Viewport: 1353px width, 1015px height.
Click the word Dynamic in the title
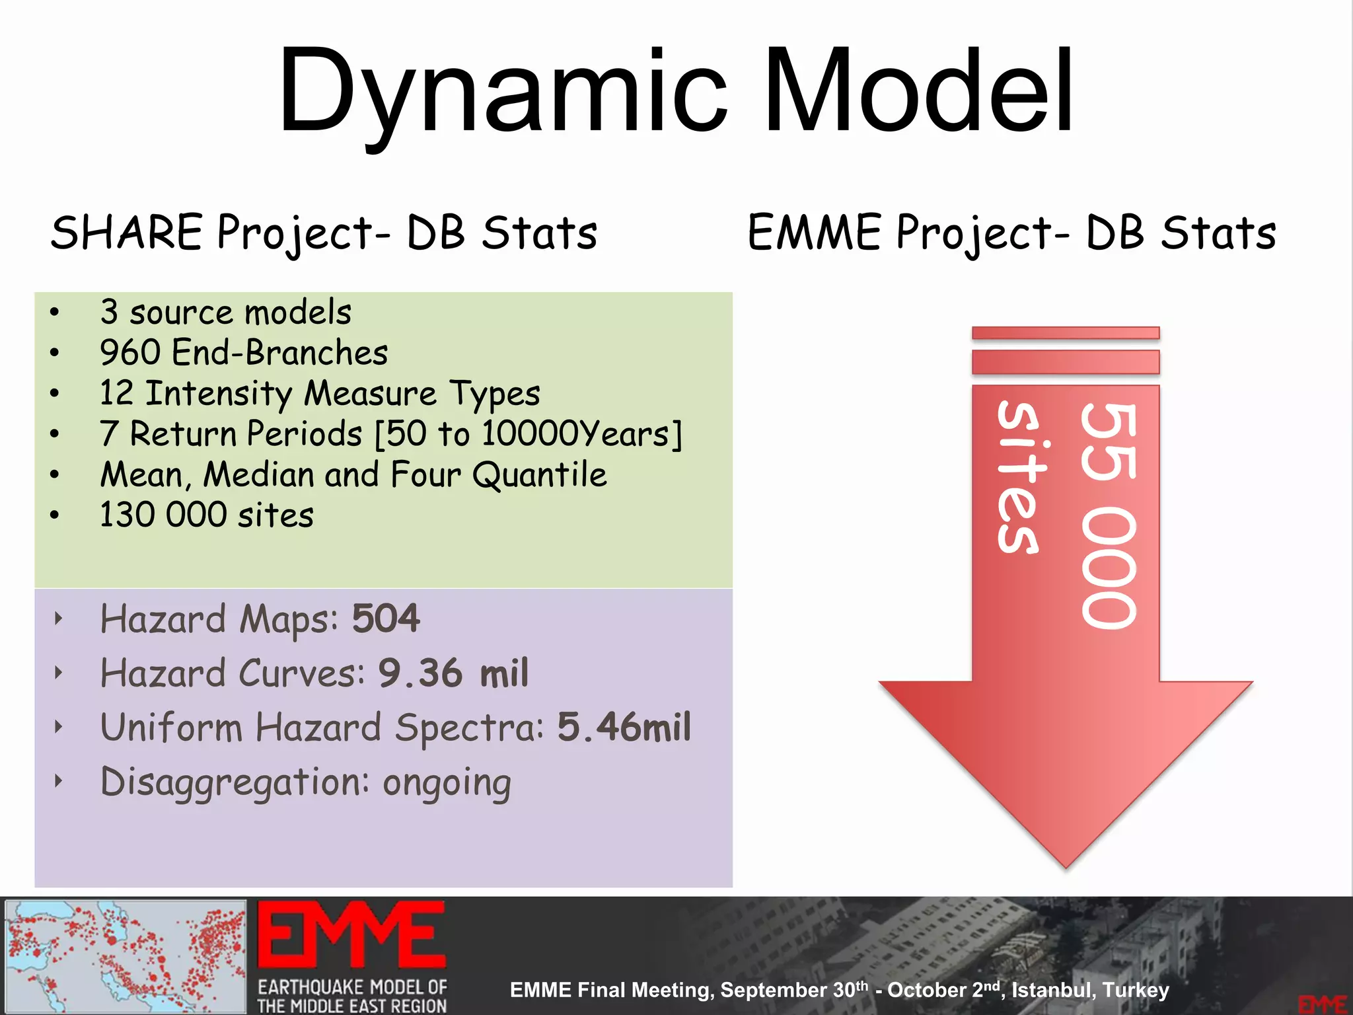(x=502, y=93)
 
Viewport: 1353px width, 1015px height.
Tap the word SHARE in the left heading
(x=126, y=233)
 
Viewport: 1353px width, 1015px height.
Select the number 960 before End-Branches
(x=129, y=353)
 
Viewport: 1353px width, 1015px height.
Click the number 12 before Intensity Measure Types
(x=116, y=393)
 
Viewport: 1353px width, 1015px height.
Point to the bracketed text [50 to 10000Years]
(x=529, y=434)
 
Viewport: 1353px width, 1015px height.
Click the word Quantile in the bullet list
(x=539, y=474)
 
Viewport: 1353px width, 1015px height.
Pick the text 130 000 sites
(x=206, y=515)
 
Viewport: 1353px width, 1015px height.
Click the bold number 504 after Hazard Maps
(x=386, y=619)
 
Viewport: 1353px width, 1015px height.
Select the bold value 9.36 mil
(x=453, y=673)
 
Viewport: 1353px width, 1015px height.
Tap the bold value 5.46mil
(x=624, y=728)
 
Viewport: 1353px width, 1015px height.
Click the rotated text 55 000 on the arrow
(x=1109, y=515)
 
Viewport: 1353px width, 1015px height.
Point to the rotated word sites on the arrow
(x=1019, y=477)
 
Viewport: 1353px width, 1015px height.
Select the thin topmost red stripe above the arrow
(x=1066, y=332)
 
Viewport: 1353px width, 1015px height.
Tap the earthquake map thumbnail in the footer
(x=126, y=956)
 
